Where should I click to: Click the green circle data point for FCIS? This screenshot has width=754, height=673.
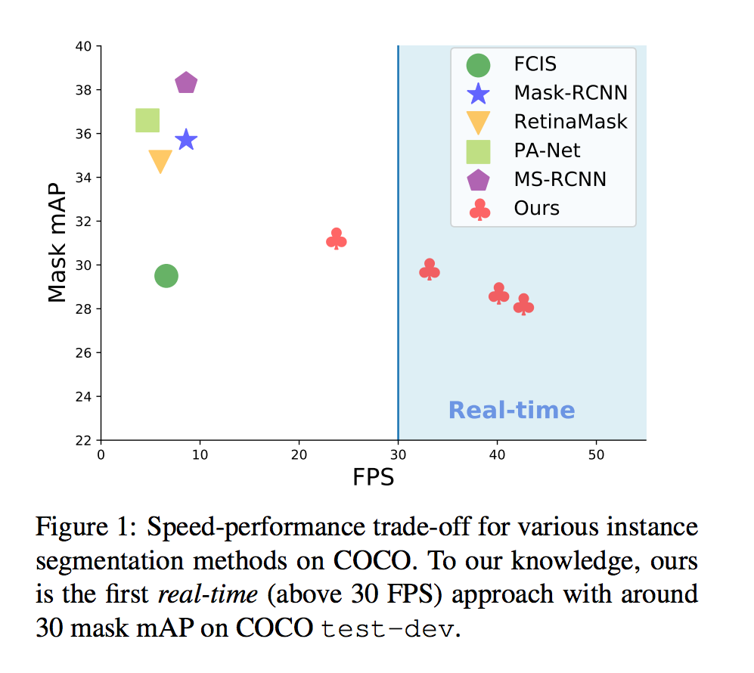tap(166, 276)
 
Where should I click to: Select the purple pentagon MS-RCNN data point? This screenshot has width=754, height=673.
tap(186, 83)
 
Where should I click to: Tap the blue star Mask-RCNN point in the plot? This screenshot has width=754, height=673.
tap(186, 140)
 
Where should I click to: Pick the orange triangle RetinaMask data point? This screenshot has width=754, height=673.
tap(160, 160)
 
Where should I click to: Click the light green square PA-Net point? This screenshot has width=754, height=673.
tap(147, 120)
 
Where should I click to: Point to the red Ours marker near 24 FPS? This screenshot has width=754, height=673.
tap(337, 239)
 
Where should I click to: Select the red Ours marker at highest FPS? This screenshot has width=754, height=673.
tap(523, 305)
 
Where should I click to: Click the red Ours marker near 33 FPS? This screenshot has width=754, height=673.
tap(430, 270)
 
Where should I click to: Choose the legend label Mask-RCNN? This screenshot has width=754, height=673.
tap(570, 93)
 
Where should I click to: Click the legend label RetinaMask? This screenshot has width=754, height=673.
tap(570, 121)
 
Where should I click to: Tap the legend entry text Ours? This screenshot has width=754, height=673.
tap(536, 208)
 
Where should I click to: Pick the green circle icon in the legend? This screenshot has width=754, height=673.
tap(479, 65)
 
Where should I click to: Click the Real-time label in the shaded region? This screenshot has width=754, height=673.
tap(511, 411)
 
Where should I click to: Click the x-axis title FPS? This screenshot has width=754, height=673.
tap(373, 478)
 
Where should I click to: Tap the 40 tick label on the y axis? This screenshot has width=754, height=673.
tap(83, 46)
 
